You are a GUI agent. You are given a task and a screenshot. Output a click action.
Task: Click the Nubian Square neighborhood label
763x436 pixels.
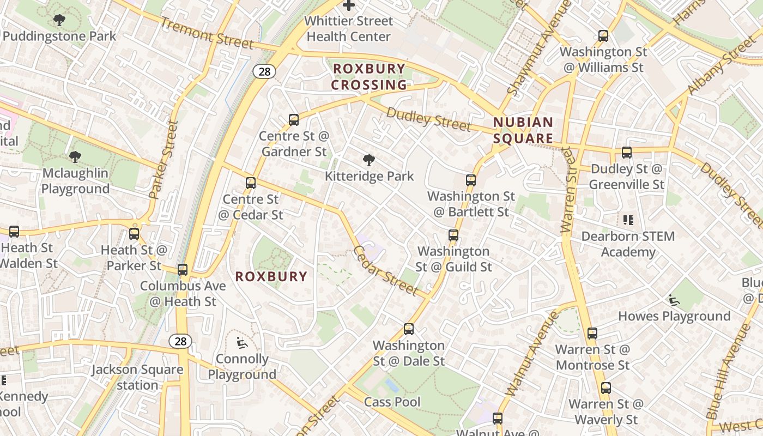523,130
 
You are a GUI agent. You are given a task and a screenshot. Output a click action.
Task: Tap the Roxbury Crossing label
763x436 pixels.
369,77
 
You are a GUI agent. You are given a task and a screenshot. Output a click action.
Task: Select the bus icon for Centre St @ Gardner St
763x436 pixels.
294,120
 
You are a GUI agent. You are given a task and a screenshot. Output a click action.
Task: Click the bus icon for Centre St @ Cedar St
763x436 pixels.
251,183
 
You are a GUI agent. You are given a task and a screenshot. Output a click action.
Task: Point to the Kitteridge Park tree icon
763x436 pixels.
369,160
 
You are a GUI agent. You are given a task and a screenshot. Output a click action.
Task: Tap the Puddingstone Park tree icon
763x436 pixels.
59,21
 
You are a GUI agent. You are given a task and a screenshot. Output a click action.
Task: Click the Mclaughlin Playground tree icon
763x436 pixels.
75,158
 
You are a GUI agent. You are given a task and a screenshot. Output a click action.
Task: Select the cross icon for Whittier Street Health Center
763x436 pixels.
349,5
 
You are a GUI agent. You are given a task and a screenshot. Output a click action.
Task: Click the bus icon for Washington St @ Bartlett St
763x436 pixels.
471,180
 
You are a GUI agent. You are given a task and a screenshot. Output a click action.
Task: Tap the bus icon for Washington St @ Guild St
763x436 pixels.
453,235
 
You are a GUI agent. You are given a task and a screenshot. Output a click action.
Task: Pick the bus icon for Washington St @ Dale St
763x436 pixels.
409,329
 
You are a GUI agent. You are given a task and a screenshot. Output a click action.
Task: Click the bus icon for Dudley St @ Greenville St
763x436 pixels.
627,153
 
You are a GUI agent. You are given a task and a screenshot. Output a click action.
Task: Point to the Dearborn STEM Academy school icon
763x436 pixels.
628,220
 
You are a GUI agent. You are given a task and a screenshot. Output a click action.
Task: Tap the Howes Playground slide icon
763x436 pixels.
674,300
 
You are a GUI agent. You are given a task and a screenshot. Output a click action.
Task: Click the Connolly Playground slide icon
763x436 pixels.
241,343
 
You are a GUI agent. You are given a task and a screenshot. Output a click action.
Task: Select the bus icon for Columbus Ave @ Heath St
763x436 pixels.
183,270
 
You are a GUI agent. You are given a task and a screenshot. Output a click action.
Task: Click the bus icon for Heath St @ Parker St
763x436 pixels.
134,234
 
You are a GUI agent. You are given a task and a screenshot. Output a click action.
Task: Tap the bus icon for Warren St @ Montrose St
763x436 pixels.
592,334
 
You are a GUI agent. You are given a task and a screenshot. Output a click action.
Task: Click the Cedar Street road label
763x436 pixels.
386,271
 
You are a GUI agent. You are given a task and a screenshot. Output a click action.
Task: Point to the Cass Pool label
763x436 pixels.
392,402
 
